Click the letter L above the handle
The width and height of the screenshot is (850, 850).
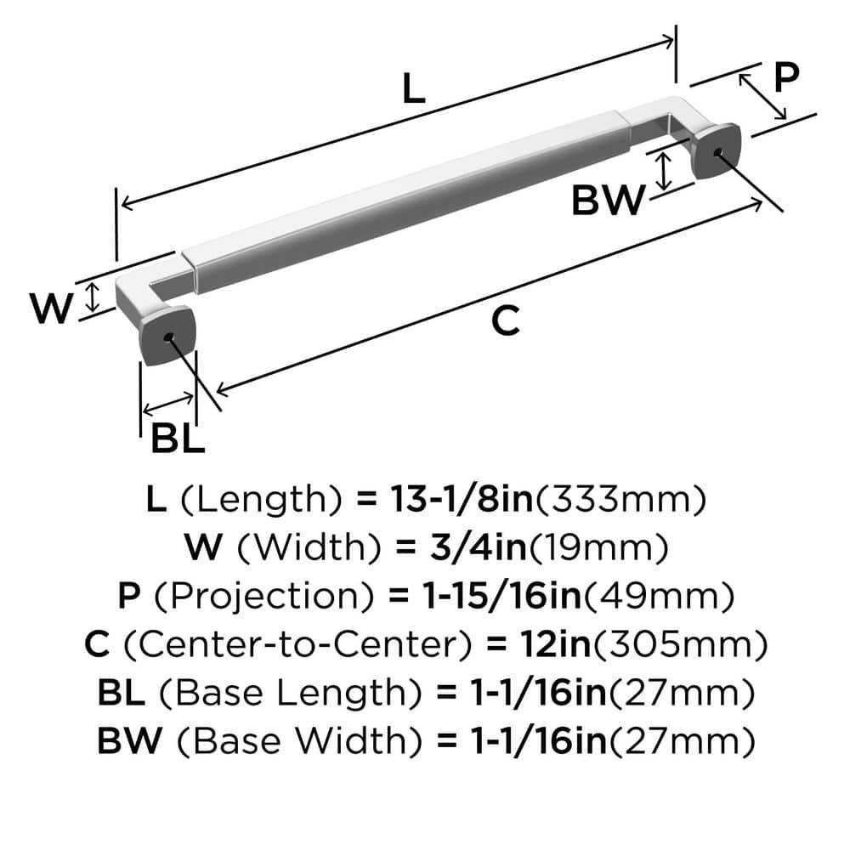tap(413, 89)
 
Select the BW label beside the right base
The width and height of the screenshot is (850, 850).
tap(607, 202)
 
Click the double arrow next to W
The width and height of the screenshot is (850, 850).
tap(94, 297)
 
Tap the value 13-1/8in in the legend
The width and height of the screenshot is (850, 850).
tap(460, 501)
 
